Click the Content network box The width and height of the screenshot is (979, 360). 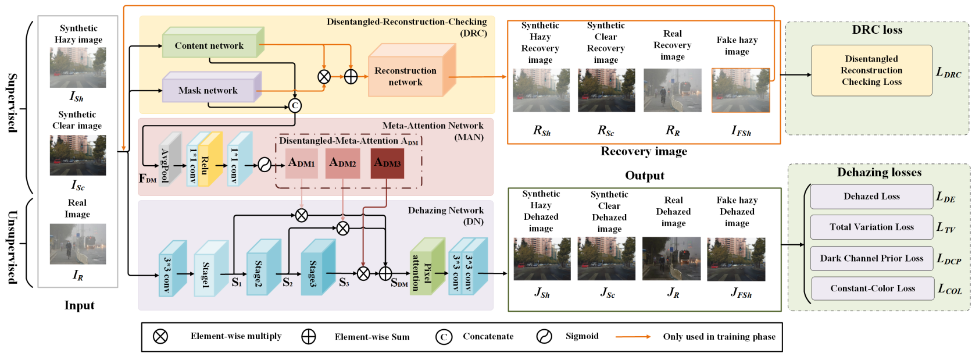tap(209, 46)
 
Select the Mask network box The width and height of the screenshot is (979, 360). tap(208, 91)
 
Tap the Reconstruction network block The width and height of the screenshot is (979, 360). tap(405, 76)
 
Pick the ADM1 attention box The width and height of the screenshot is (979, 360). tap(301, 163)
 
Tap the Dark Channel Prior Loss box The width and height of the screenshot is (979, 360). tap(871, 258)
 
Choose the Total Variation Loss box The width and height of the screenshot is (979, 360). tap(871, 227)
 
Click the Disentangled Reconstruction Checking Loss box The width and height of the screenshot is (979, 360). tap(871, 70)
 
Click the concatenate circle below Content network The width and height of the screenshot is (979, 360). tap(295, 105)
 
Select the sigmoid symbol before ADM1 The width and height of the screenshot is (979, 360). tap(265, 165)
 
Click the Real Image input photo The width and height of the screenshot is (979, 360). tap(78, 244)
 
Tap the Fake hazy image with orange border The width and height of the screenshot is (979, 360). tap(740, 90)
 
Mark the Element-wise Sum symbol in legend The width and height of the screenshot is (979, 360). tap(309, 337)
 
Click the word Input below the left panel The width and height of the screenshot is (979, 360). tap(79, 305)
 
